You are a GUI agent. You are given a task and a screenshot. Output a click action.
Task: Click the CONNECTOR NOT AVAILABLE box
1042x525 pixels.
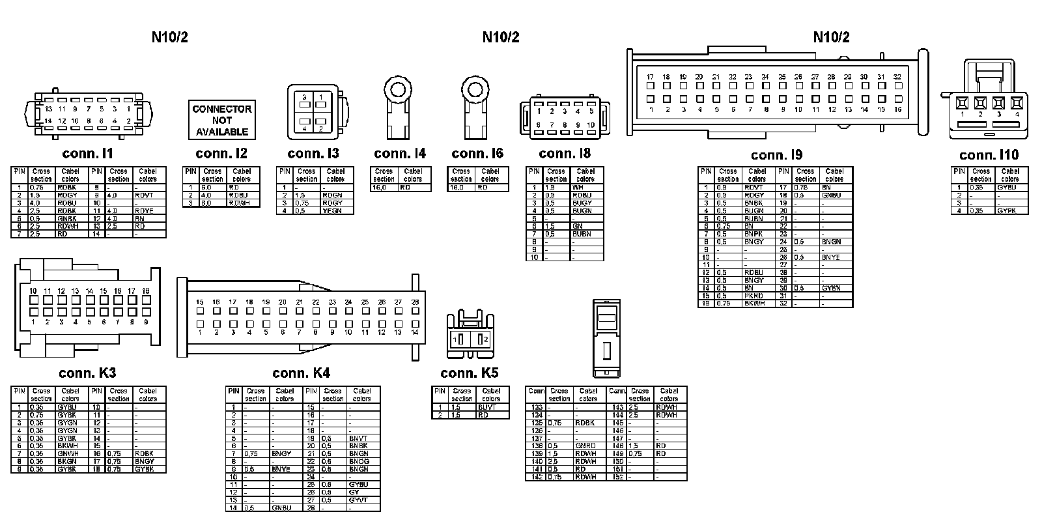[x=221, y=120]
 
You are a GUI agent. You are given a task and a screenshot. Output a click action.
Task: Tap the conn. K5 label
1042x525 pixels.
[x=469, y=373]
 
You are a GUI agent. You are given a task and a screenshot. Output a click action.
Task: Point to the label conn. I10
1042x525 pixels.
[x=989, y=155]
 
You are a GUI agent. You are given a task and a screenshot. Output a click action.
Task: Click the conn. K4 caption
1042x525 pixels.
[x=301, y=373]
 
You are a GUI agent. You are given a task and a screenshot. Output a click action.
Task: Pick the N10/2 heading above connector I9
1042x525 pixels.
[x=831, y=37]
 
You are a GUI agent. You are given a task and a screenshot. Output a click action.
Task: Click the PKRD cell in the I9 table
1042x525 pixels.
[x=753, y=296]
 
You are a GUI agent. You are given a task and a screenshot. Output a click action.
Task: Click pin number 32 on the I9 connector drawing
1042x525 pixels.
[x=897, y=77]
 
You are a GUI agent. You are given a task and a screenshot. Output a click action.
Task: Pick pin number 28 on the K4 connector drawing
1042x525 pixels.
[x=415, y=302]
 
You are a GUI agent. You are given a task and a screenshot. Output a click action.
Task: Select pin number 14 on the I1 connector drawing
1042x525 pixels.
[x=48, y=121]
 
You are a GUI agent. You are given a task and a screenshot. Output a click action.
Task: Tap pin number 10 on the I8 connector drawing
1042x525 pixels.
[x=591, y=125]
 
